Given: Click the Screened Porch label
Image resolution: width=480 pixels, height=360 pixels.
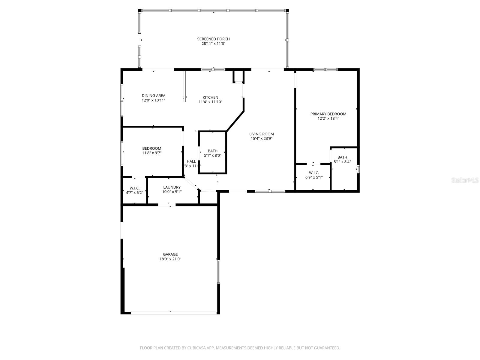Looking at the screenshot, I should click(x=213, y=39).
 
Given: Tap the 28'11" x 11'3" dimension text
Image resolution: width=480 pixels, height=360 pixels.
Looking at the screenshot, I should click(x=213, y=44).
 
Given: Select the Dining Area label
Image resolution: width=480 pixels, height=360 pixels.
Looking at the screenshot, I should click(x=154, y=96).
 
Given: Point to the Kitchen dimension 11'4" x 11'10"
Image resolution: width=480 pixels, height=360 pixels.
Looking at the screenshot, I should click(x=210, y=102).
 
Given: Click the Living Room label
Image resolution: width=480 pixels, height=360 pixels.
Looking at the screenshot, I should click(x=261, y=134).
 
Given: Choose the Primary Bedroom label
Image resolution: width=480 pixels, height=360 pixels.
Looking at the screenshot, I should click(x=328, y=114).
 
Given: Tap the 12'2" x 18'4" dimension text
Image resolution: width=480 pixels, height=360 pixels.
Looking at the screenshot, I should click(x=328, y=118).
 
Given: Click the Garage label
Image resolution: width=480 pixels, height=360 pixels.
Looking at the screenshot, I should click(x=170, y=254).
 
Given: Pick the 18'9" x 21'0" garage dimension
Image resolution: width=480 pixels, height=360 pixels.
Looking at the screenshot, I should click(x=170, y=259).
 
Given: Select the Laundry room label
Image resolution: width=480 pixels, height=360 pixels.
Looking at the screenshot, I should click(x=172, y=187).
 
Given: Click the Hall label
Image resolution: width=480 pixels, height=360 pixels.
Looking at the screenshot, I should click(x=191, y=161).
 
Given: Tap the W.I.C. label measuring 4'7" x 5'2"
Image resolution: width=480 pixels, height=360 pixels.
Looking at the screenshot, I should click(x=135, y=188).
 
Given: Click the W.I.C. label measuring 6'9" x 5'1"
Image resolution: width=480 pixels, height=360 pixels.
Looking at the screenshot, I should click(x=314, y=173).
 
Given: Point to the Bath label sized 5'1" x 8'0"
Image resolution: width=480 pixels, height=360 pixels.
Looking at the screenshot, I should click(x=213, y=151).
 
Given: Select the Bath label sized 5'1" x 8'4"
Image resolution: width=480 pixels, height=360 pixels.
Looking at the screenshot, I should click(x=342, y=157).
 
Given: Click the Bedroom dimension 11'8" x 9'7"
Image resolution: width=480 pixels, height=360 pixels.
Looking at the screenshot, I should click(x=152, y=153).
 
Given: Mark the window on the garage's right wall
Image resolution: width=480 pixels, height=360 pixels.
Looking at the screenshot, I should click(x=219, y=271).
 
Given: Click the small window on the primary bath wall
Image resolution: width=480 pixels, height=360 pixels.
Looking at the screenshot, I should click(x=358, y=169).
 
